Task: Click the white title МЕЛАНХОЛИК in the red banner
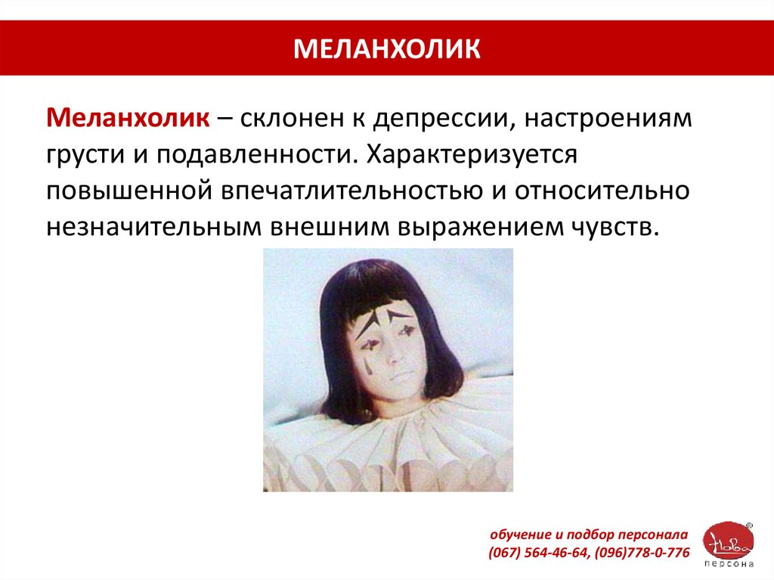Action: tap(386, 48)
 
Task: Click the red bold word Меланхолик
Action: tap(128, 118)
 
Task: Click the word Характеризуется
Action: tap(472, 154)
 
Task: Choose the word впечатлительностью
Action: tap(351, 191)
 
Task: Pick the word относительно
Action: tap(602, 191)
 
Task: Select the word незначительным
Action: tap(153, 228)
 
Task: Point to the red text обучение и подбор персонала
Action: tap(588, 535)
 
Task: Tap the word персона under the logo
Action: tap(729, 563)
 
